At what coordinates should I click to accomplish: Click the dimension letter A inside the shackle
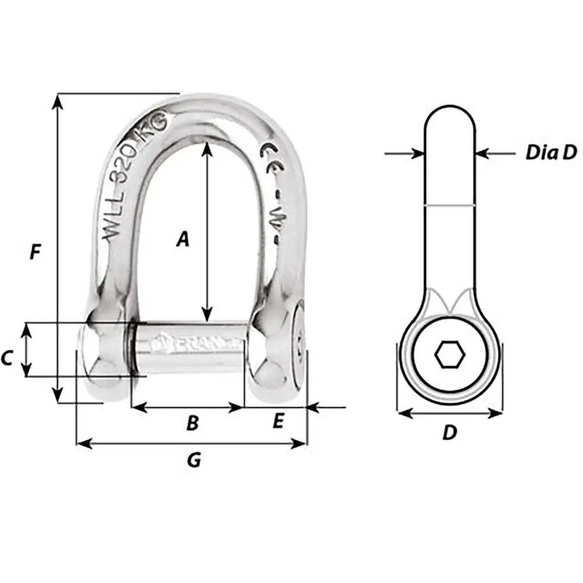coord(183,239)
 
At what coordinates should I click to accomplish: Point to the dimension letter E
coord(278,421)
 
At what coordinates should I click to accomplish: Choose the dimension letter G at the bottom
coord(194,461)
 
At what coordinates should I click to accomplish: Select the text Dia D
coord(551,153)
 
